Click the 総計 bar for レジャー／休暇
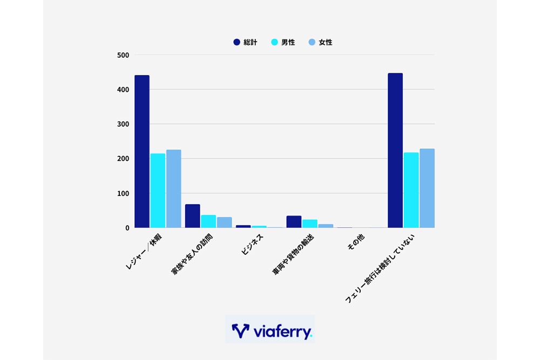point(141,152)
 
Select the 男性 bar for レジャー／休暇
point(158,191)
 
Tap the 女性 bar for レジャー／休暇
point(173,189)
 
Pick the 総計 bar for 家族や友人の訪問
point(192,216)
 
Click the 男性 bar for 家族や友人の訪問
point(208,221)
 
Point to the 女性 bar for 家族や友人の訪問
point(224,222)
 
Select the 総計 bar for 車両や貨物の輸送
point(294,222)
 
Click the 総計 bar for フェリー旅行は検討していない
point(395,151)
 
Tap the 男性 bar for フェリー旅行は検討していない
point(411,190)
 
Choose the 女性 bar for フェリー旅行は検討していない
point(427,188)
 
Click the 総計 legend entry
point(245,42)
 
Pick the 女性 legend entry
point(321,42)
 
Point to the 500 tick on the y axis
point(123,55)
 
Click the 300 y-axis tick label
point(123,124)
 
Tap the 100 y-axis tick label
point(123,193)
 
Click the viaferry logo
point(270,330)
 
